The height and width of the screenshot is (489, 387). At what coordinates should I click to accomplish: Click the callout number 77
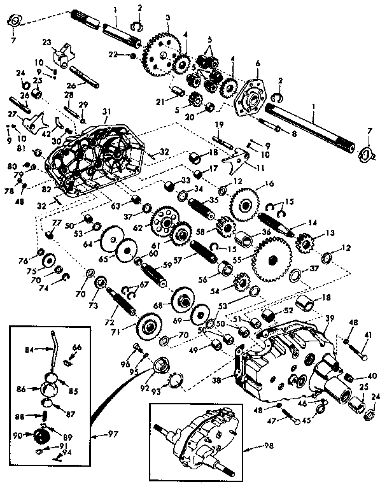pos(55,222)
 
